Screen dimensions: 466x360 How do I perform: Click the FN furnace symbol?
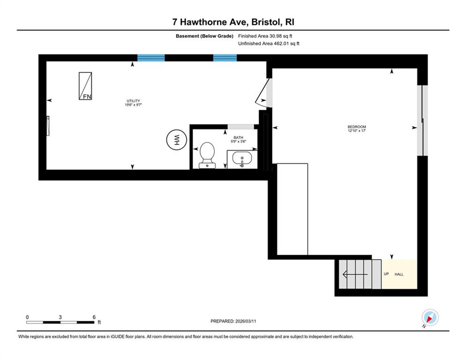85,86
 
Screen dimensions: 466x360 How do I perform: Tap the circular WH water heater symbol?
176,140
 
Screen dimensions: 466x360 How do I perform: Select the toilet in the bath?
207,155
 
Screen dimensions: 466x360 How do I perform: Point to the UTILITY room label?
133,101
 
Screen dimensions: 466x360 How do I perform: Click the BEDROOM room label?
356,127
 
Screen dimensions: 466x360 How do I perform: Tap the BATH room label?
238,137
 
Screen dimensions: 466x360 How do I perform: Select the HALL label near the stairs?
399,274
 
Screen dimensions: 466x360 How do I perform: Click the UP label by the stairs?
386,274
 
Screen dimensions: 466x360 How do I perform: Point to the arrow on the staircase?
355,274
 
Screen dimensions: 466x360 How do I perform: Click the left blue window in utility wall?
151,58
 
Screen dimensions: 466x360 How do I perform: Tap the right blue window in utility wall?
225,58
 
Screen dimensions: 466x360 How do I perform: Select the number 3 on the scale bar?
60,317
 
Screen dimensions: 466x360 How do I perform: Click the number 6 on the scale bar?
94,317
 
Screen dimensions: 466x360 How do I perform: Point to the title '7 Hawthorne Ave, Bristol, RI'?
233,22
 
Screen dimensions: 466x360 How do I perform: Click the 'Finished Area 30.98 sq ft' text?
265,36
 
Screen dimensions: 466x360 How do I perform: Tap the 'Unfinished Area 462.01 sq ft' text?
269,44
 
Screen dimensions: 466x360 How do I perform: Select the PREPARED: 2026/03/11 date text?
233,321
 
